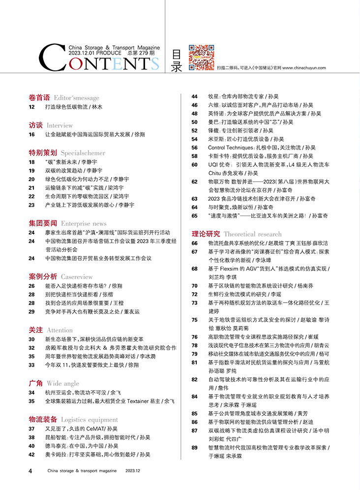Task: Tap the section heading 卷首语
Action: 39,97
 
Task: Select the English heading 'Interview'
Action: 60,125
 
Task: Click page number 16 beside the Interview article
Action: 32,134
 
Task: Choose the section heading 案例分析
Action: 43,277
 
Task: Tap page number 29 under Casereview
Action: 32,311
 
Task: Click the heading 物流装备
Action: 43,420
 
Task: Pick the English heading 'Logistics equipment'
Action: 90,420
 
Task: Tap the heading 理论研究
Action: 206,234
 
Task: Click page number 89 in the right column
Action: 195,447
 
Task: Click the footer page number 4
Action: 30,471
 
